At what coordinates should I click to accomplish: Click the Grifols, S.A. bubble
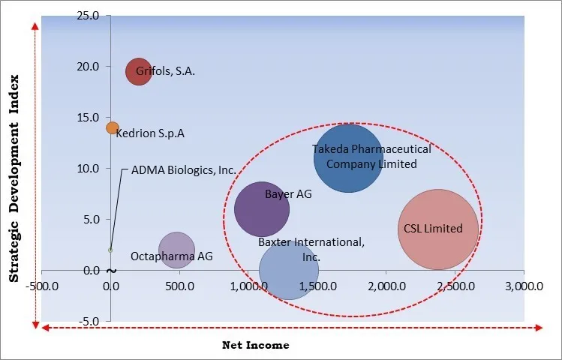pyautogui.click(x=138, y=72)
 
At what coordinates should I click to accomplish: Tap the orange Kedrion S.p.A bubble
pyautogui.click(x=112, y=128)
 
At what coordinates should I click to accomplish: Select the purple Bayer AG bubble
pyautogui.click(x=262, y=209)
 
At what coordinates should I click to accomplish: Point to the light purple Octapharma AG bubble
pyautogui.click(x=176, y=251)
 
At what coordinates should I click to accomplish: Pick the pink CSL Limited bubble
pyautogui.click(x=438, y=229)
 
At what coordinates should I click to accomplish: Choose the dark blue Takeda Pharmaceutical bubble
pyautogui.click(x=348, y=157)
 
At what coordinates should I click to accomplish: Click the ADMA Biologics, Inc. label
pyautogui.click(x=184, y=170)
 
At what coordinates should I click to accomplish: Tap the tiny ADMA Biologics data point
pyautogui.click(x=110, y=250)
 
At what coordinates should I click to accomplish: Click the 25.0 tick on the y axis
pyautogui.click(x=89, y=16)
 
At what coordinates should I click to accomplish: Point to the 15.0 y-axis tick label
pyautogui.click(x=89, y=118)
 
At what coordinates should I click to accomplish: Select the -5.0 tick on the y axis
pyautogui.click(x=90, y=322)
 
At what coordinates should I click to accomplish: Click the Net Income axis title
pyautogui.click(x=255, y=345)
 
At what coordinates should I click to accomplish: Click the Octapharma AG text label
pyautogui.click(x=172, y=256)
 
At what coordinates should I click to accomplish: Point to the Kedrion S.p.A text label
pyautogui.click(x=151, y=133)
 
